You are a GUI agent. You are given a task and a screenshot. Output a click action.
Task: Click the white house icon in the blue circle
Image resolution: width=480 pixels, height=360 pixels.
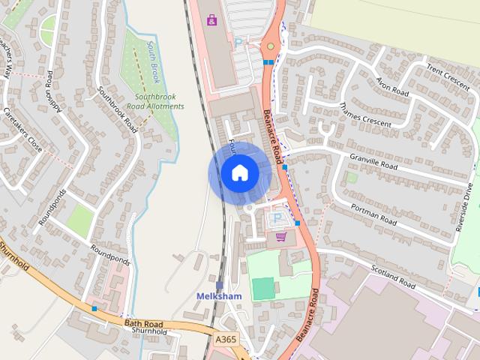(x=239, y=173)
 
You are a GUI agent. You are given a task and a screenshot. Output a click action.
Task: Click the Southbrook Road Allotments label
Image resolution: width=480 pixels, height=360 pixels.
(x=159, y=101)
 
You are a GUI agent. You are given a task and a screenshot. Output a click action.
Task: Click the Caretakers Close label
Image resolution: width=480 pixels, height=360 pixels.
(x=23, y=129)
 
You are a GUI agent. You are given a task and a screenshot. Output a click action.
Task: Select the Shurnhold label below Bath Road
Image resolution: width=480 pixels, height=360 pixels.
(x=148, y=331)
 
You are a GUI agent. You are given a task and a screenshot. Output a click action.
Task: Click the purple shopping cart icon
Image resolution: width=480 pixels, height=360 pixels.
(x=281, y=237)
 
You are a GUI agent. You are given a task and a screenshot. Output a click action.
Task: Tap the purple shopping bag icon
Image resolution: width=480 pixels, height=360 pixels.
(x=212, y=19)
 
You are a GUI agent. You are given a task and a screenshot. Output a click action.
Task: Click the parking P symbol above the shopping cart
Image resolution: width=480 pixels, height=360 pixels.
(x=277, y=217)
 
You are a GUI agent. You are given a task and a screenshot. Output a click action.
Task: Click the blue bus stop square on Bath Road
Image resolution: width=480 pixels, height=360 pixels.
(x=94, y=308)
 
